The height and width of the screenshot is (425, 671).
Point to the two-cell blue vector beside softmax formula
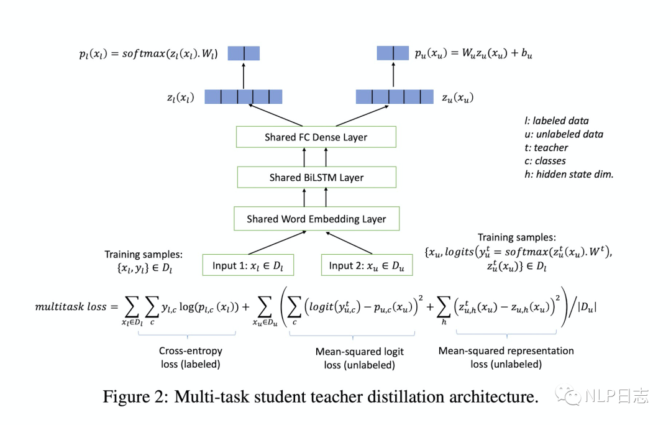(244, 53)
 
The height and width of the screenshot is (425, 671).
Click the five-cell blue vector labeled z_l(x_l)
(243, 97)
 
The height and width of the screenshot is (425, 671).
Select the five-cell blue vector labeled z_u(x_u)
(395, 97)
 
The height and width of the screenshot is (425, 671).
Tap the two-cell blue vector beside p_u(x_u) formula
(393, 53)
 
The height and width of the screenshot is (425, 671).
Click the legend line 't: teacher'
(546, 148)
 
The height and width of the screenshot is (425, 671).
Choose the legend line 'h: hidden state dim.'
(568, 174)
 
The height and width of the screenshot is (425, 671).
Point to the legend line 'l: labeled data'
(556, 121)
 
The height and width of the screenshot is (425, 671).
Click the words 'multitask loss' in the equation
(71, 306)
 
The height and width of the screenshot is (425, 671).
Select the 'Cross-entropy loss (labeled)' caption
(191, 357)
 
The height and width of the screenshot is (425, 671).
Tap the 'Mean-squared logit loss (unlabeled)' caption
(360, 359)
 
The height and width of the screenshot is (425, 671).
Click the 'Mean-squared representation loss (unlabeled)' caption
(506, 357)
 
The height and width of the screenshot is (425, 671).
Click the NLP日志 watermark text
(617, 396)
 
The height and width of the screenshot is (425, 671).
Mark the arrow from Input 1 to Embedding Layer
(277, 243)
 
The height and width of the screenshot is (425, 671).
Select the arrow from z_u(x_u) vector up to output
(393, 75)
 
